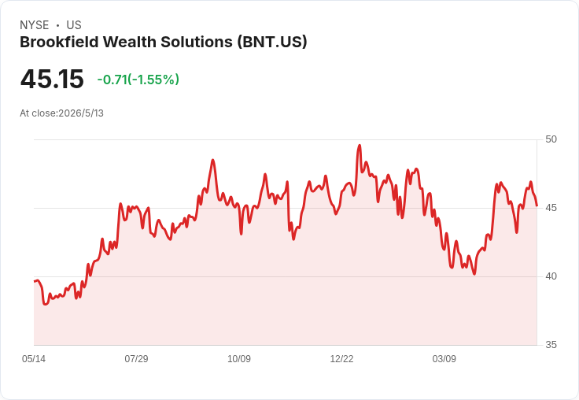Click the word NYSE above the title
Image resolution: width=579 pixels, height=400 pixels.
point(35,25)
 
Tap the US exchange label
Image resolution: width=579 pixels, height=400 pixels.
point(74,25)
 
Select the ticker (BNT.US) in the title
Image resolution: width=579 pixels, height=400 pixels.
point(272,42)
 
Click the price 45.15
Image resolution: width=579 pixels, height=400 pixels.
point(52,79)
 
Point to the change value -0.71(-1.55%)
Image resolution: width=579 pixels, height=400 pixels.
point(138,80)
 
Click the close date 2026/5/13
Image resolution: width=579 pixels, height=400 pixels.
point(81,113)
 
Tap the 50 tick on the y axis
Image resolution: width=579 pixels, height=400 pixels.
point(551,139)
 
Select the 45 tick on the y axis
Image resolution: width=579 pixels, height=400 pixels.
point(551,208)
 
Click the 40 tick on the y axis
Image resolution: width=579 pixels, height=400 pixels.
point(551,276)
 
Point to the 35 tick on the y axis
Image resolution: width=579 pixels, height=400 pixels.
point(551,345)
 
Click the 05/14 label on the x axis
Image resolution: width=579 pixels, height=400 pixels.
point(34,358)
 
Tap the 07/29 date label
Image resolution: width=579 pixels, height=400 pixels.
point(136,358)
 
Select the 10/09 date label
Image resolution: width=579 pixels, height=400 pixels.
point(239,358)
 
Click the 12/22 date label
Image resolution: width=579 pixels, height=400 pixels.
point(341,358)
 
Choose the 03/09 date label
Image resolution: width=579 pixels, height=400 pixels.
point(444,358)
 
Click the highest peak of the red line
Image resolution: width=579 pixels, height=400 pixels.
point(360,146)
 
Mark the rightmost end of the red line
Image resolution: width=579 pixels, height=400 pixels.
point(537,206)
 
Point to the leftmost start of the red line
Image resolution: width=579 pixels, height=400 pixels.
point(35,281)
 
